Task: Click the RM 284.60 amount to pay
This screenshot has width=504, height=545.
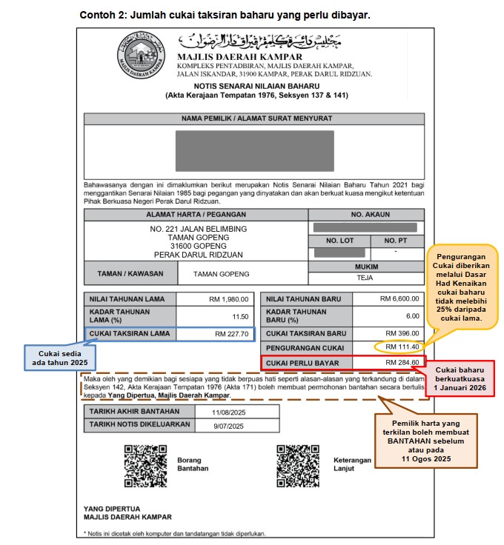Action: click(402, 363)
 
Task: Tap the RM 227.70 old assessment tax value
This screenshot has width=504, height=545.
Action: click(231, 334)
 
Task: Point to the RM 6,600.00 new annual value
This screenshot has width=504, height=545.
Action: click(399, 299)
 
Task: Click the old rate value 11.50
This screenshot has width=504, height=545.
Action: click(242, 316)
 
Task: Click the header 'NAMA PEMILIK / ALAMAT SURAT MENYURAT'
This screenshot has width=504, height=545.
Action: click(256, 118)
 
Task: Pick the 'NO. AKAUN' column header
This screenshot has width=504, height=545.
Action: click(367, 214)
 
